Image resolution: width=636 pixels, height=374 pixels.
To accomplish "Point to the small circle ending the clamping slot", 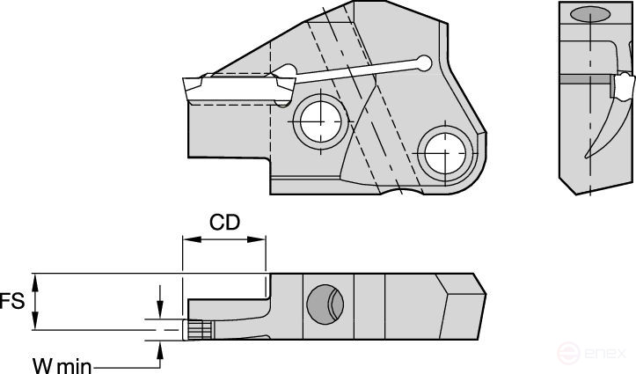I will [425, 62].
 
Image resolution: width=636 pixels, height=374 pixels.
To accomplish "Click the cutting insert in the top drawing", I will [233, 89].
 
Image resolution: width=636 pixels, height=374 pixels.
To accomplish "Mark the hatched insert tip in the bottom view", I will [199, 329].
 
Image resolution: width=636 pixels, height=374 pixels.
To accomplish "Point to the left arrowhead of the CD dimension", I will [186, 238].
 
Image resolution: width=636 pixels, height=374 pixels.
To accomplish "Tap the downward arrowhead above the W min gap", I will [159, 312].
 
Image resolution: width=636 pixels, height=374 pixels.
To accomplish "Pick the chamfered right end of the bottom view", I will [464, 304].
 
